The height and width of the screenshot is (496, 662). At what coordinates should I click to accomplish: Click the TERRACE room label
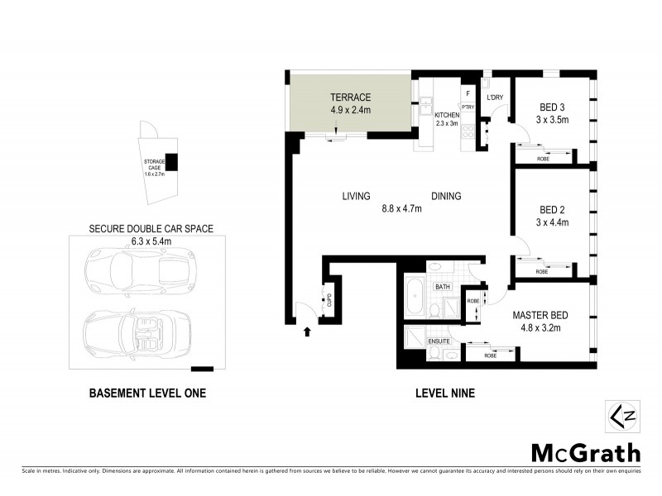point(351,97)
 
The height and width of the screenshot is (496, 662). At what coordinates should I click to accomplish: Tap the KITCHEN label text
point(447,115)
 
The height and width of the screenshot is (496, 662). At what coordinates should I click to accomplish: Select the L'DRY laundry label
point(495,98)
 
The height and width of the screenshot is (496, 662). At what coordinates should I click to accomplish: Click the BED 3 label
point(553,107)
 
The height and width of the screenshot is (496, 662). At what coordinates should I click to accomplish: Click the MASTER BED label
point(537,315)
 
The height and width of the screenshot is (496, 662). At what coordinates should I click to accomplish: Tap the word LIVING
point(355,197)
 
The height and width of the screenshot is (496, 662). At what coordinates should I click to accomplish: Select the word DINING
point(445,197)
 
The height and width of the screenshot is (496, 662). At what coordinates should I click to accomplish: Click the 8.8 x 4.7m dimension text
point(401,208)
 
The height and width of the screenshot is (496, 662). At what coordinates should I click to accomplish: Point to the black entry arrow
point(308,332)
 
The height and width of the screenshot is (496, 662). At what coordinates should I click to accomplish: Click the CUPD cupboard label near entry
point(328,298)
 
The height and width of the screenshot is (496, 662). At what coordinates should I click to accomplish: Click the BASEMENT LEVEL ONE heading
point(147,394)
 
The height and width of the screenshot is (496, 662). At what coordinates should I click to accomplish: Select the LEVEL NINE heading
point(444,394)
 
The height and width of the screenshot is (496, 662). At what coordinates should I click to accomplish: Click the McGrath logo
point(585,452)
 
